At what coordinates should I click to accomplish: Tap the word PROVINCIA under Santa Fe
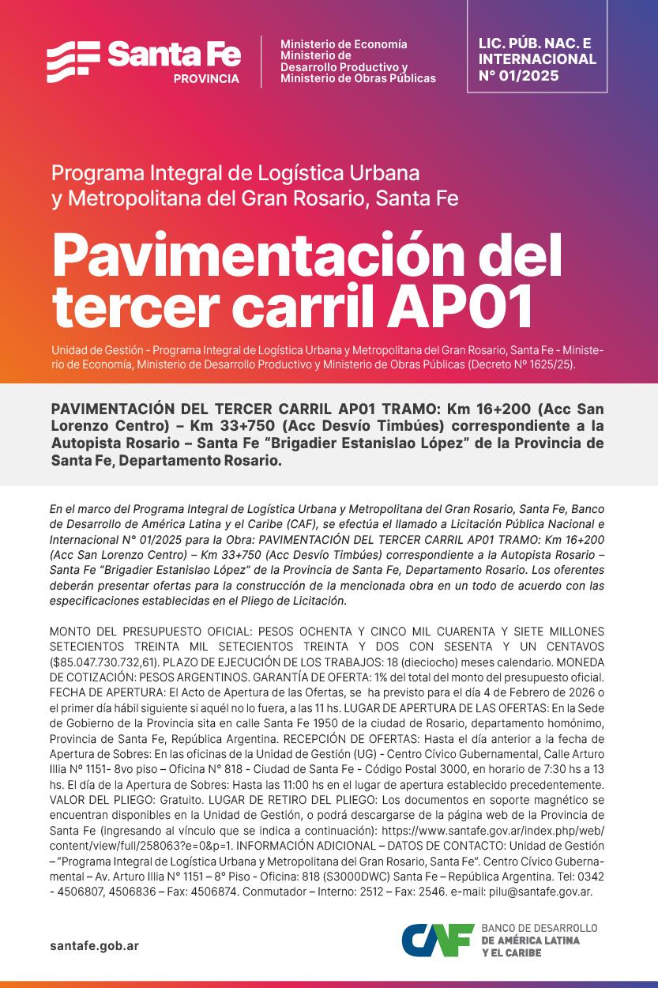[x=205, y=79]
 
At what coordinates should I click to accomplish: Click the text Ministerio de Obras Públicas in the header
[x=358, y=78]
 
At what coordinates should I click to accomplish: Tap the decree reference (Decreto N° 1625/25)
[x=522, y=364]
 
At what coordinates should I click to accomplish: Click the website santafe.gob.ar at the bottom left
[x=94, y=945]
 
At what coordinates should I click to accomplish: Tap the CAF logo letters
[x=437, y=940]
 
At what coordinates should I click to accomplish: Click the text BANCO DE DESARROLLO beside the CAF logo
[x=539, y=928]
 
